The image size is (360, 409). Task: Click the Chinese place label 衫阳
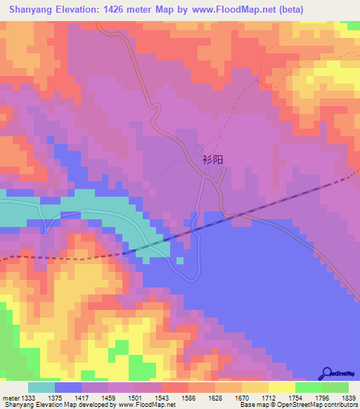coord(212,160)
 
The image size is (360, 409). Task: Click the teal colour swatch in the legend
coord(41,387)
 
